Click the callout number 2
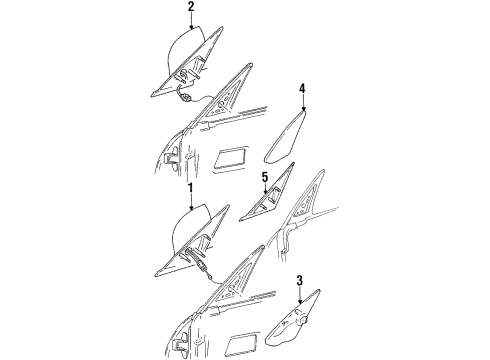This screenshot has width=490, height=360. (190, 8)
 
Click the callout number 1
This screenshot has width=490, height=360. (191, 187)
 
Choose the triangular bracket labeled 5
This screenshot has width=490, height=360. (256, 208)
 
